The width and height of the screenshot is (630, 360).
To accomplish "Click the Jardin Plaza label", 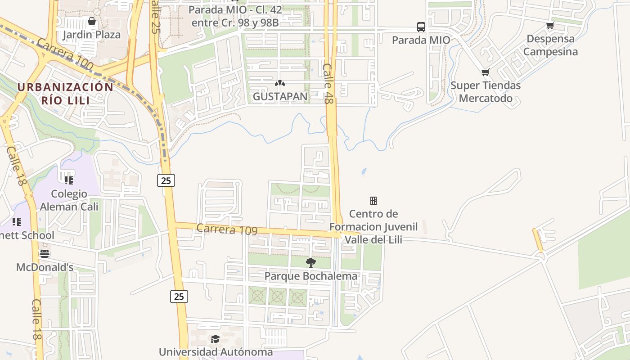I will pyautogui.click(x=92, y=35).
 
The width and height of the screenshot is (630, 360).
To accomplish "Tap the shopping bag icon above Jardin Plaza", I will pyautogui.click(x=92, y=21).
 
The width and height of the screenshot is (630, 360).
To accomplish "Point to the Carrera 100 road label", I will pyautogui.click(x=65, y=54).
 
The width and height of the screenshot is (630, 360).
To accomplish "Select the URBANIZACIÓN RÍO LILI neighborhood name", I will pyautogui.click(x=65, y=93).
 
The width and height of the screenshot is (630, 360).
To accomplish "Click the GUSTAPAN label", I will pyautogui.click(x=280, y=96).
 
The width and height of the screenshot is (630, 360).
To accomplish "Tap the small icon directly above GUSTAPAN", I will pyautogui.click(x=280, y=83).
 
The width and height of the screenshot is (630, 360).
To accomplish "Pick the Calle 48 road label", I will pyautogui.click(x=328, y=84).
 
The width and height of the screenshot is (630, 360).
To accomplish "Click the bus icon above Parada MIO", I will pyautogui.click(x=421, y=27).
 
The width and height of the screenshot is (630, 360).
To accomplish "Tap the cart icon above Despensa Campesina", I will pyautogui.click(x=550, y=26).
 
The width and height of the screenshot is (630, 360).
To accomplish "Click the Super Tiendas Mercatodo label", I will pyautogui.click(x=486, y=92).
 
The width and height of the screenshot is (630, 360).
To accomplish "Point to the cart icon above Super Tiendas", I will pyautogui.click(x=485, y=72).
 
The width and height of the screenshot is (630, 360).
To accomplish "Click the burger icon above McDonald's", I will pyautogui.click(x=44, y=254).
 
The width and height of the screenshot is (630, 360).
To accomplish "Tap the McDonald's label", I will pyautogui.click(x=45, y=267).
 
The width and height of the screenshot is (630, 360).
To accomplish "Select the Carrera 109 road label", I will pyautogui.click(x=227, y=229).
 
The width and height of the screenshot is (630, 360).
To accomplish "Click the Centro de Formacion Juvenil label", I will pyautogui.click(x=373, y=226).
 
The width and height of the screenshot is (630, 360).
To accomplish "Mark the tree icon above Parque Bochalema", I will pyautogui.click(x=310, y=262).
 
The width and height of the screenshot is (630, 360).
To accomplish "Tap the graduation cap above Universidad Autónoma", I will pyautogui.click(x=215, y=339).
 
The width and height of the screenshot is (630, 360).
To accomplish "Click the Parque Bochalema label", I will pyautogui.click(x=310, y=276).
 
